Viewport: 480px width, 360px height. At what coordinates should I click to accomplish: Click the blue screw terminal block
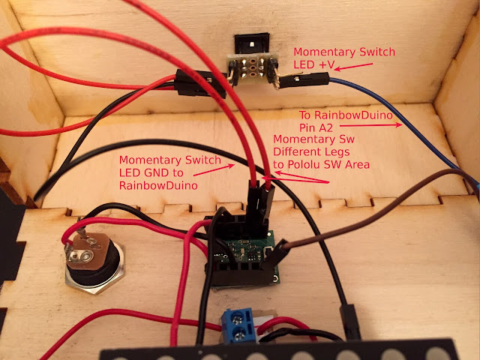tap(238, 325)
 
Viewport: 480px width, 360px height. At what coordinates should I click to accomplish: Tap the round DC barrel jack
tap(94, 262)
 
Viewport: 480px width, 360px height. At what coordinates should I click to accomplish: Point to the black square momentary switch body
tap(252, 43)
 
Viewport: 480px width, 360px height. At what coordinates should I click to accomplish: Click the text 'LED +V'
tap(313, 64)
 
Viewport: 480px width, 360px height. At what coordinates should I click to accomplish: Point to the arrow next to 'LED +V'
tap(353, 67)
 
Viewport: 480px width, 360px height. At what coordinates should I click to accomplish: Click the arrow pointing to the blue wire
tap(370, 125)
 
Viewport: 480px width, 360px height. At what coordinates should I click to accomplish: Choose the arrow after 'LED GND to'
tap(214, 170)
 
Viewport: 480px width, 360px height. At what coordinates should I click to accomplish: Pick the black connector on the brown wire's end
tap(275, 256)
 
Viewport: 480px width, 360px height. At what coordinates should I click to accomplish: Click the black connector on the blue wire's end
tap(304, 81)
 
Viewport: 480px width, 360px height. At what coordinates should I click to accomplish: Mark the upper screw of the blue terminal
tap(237, 320)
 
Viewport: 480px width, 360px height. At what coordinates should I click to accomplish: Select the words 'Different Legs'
tap(311, 151)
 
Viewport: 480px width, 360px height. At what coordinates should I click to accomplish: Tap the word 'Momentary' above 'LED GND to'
tap(147, 160)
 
